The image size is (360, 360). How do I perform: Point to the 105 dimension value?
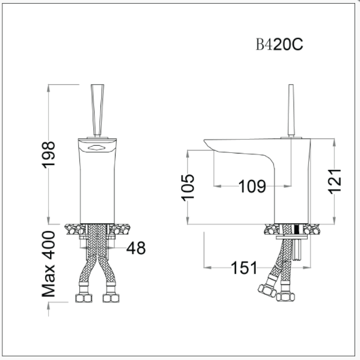[x=187, y=187]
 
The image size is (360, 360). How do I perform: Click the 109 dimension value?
[x=252, y=187]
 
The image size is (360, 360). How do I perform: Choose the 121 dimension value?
[x=335, y=181]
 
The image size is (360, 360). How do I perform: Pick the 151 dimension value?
[x=244, y=267]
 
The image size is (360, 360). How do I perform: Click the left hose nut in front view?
[x=81, y=297]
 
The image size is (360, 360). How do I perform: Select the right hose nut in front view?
[x=110, y=297]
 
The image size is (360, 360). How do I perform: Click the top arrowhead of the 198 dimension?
[x=48, y=88]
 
